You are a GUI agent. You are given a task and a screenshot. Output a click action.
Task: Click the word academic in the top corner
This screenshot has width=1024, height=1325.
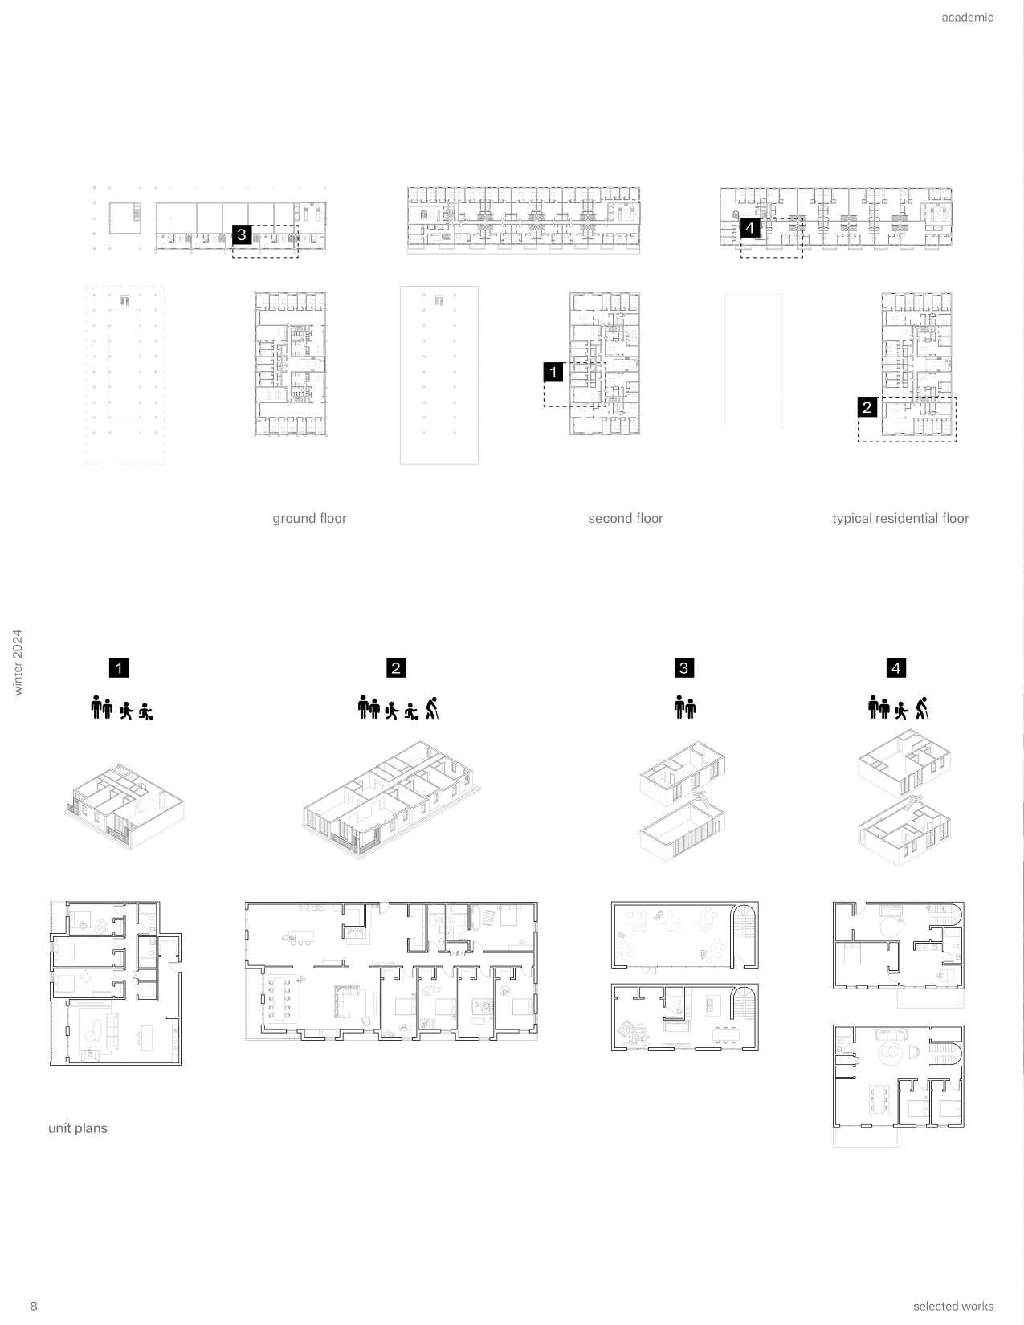tap(967, 18)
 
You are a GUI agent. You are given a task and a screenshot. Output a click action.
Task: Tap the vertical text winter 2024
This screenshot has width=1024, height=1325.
tap(18, 662)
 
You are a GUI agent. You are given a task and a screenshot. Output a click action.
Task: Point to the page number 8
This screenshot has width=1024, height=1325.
tap(34, 1305)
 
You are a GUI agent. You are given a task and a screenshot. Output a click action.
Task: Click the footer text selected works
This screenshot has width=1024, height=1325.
tap(953, 1306)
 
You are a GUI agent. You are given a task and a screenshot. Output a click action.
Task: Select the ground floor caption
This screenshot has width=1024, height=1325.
tap(309, 518)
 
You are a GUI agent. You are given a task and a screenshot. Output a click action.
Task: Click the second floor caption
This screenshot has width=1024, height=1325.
tap(626, 518)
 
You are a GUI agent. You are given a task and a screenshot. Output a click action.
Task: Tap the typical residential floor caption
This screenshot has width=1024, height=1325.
tap(900, 518)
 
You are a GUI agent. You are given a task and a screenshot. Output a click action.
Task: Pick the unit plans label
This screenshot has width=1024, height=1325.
tap(78, 1128)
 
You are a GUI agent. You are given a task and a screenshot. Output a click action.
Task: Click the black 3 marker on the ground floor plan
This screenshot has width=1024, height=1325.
tap(242, 234)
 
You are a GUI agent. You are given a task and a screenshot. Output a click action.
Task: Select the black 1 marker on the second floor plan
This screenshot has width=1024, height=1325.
tap(553, 372)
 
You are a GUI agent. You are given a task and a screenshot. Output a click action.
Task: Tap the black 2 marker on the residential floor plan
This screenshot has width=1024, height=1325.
tap(867, 407)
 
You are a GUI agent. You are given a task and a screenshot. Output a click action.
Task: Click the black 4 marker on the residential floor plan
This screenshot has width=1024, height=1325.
tap(750, 228)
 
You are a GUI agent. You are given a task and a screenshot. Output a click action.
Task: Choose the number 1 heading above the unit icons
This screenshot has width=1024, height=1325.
tap(119, 667)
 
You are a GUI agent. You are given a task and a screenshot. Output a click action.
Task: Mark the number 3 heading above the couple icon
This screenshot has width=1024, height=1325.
tap(683, 667)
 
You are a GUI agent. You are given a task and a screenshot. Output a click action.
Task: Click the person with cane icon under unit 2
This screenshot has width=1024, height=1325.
tap(433, 707)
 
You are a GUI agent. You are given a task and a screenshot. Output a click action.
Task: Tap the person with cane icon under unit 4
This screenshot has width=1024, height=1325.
tap(921, 707)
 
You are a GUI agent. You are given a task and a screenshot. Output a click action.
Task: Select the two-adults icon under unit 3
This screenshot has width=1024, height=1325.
tap(684, 707)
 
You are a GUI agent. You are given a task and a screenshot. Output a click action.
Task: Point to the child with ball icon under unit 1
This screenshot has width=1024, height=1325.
tap(145, 711)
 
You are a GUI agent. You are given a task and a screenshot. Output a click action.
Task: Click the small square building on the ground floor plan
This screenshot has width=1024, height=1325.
tap(125, 217)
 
